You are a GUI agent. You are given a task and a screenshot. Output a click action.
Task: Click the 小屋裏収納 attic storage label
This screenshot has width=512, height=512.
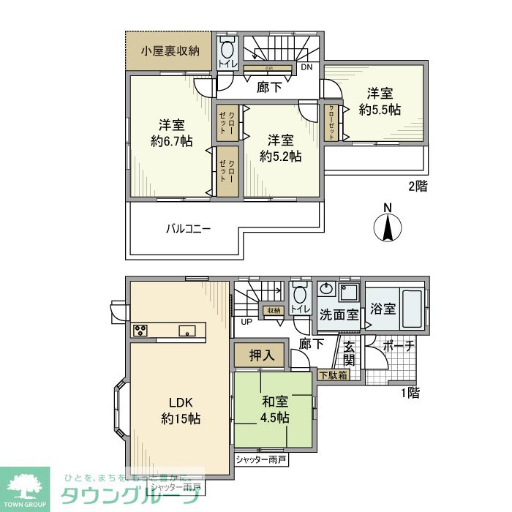tap(171, 51)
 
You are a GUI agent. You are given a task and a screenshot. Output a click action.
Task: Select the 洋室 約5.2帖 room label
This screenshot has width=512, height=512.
tap(282, 148)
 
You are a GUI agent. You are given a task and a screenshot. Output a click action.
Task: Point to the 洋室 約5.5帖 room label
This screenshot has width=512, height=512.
tap(380, 101)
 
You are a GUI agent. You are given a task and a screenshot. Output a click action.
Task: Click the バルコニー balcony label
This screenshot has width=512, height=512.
tap(187, 229)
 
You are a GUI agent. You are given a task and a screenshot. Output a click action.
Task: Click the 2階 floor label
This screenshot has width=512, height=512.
tap(417, 186)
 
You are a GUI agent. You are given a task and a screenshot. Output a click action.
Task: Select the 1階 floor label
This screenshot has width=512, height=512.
tap(410, 392)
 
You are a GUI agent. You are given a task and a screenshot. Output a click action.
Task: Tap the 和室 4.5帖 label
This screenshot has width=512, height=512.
tap(275, 410)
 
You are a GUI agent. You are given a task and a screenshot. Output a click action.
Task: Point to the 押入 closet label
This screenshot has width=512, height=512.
tap(261, 356)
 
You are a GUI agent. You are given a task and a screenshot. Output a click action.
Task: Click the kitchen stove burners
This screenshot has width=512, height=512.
tap(140, 331)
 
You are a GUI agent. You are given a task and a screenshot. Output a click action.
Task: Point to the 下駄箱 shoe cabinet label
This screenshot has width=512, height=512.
tap(334, 375)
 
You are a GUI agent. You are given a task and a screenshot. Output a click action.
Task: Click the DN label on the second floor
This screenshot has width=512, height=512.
tap(308, 68)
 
